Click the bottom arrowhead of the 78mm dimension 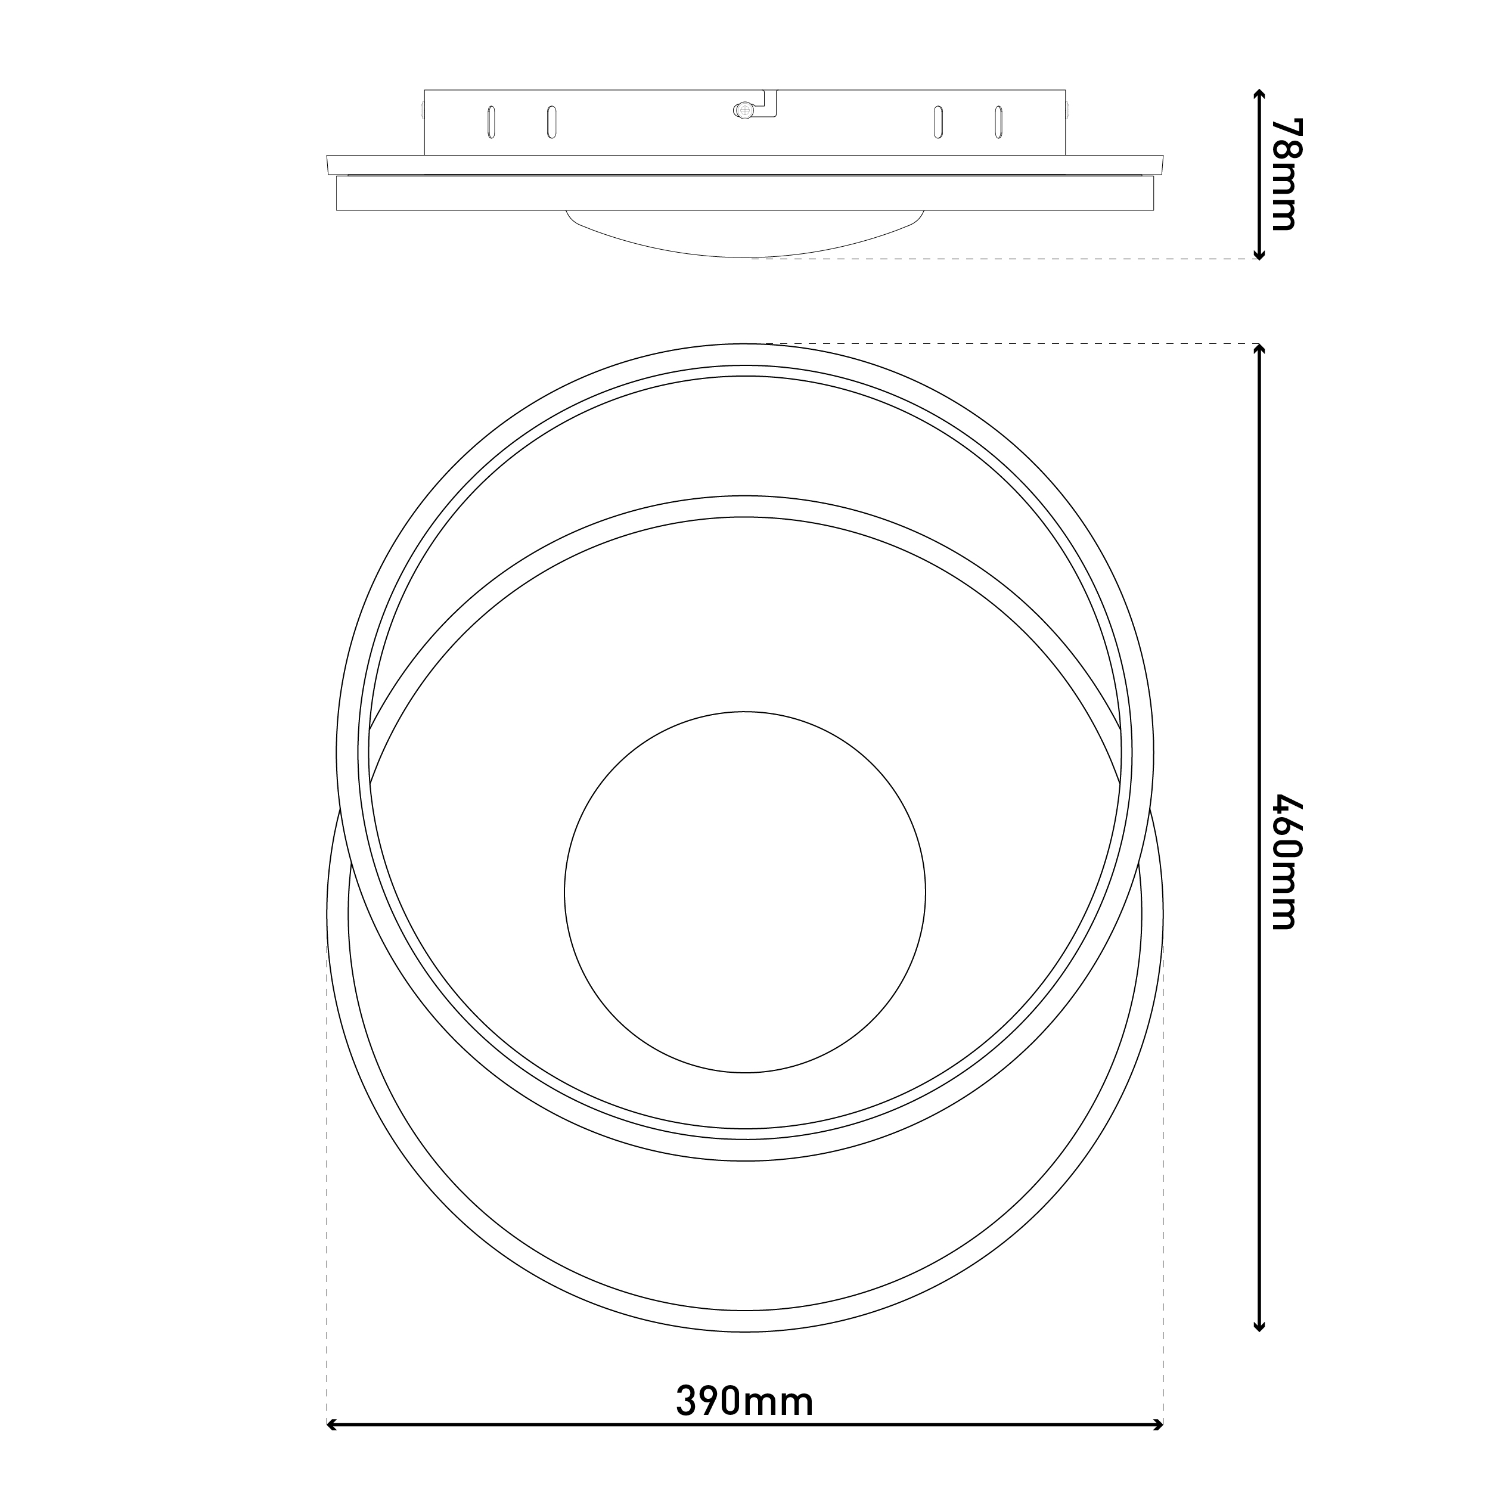coord(1259,254)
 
